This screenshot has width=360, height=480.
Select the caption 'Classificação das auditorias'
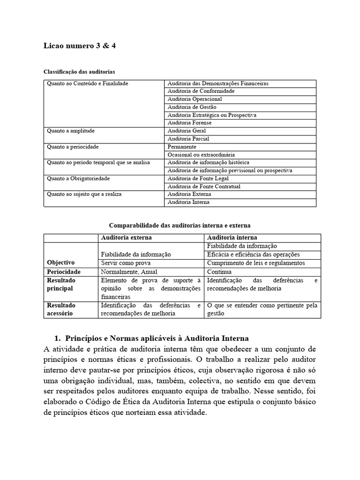pos(79,72)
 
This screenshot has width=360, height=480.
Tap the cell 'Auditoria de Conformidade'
pos(201,91)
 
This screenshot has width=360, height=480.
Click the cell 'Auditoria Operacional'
pos(195,99)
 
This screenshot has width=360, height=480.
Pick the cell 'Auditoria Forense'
pos(189,123)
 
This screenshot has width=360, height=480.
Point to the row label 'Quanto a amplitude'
pos(70,131)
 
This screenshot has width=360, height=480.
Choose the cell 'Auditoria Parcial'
pos(188,139)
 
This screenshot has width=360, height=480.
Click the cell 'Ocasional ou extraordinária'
pos(201,155)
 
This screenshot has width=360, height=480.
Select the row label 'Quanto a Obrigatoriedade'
pos(78,179)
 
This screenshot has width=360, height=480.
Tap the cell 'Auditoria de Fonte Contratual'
pos(204,187)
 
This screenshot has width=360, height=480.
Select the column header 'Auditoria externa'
pos(126,238)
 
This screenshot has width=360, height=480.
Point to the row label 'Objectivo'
pos(61,262)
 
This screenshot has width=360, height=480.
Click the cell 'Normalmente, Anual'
pos(129,272)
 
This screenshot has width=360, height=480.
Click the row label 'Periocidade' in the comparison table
pos(64,272)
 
